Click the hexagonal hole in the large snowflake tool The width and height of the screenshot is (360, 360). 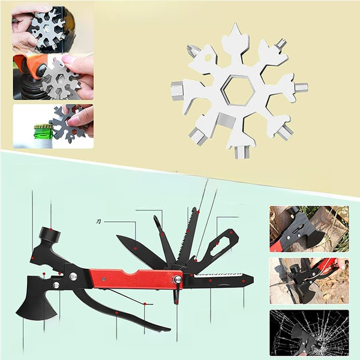[x=240, y=91]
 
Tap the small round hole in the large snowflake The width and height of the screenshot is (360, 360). [x=208, y=58]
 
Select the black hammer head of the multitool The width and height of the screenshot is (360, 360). [x=50, y=234]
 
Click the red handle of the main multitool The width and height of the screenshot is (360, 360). [x=136, y=278]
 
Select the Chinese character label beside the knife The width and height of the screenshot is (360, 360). [x=98, y=221]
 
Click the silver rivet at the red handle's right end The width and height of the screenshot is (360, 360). [x=178, y=279]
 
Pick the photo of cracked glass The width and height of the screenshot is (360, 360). [x=309, y=332]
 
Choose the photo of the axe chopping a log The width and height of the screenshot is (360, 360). [x=309, y=229]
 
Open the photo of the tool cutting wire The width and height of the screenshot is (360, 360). [x=309, y=281]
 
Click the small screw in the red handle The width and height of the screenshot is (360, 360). [x=104, y=279]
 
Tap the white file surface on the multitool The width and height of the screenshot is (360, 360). [x=219, y=274]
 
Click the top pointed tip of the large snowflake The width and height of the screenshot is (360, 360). [x=235, y=23]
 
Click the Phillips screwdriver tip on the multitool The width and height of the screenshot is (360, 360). [x=155, y=218]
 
